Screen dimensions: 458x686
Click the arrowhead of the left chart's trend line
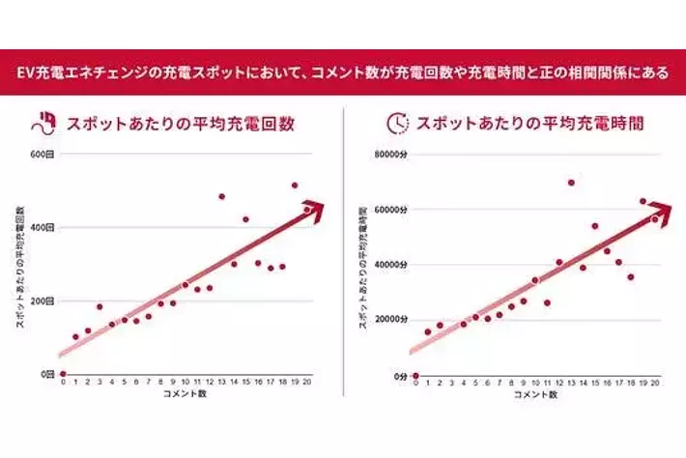click(310, 206)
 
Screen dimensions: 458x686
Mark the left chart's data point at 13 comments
click(221, 196)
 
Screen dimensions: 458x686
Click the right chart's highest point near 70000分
click(571, 182)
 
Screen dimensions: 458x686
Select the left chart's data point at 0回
click(64, 374)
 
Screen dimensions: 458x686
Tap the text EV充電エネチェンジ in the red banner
click(80, 72)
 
